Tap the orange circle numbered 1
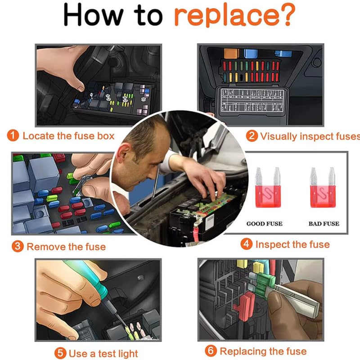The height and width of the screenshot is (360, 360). click(x=13, y=135)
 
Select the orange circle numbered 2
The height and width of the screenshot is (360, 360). click(x=252, y=136)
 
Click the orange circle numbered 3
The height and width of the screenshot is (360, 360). click(x=18, y=247)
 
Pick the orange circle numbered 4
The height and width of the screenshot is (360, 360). click(x=246, y=244)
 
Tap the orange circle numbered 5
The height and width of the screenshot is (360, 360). click(x=60, y=353)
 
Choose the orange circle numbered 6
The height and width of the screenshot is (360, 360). click(x=211, y=351)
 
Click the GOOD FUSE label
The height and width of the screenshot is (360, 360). click(x=265, y=224)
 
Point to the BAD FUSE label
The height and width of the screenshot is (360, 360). click(x=324, y=224)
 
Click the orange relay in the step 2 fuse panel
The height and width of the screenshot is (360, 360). click(x=231, y=53)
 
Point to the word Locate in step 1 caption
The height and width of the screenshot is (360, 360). click(x=38, y=136)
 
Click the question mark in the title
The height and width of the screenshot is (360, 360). click(x=288, y=14)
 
